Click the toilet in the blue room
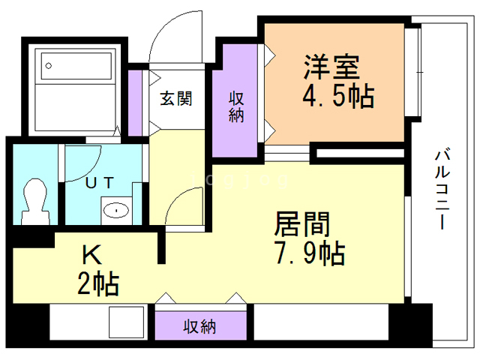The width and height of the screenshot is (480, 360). point(34,201)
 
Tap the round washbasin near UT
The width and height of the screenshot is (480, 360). point(116,210)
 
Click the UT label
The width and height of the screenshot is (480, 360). point(99,182)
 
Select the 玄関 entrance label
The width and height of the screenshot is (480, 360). point(176,98)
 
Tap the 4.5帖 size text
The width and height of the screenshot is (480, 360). point(337,96)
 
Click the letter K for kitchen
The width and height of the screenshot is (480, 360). point(92,256)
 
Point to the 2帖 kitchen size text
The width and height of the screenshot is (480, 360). point(97,284)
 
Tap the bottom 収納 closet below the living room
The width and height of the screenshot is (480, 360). point(200,326)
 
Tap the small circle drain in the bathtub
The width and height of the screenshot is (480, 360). point(49,65)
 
